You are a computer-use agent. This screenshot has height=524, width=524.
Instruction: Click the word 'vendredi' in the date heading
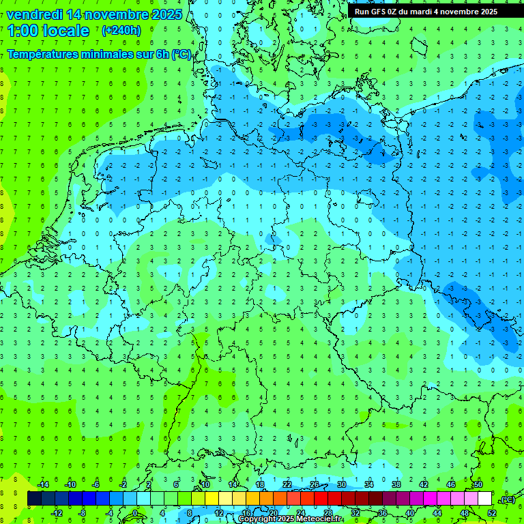[35, 14]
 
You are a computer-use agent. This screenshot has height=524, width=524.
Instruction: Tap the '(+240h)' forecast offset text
[121, 30]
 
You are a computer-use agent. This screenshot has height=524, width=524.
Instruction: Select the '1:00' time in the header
[22, 31]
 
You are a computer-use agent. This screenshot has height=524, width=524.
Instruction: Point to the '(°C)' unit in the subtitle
[181, 55]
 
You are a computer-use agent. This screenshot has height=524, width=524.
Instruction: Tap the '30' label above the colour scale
[342, 484]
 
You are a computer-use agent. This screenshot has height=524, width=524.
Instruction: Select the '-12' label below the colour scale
[57, 513]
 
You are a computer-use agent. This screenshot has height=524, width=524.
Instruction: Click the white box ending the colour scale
[485, 499]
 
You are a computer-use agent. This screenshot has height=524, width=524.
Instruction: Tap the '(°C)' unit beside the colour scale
[508, 499]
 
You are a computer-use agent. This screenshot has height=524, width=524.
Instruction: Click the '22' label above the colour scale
[287, 484]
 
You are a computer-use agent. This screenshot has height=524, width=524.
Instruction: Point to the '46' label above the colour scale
[451, 484]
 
